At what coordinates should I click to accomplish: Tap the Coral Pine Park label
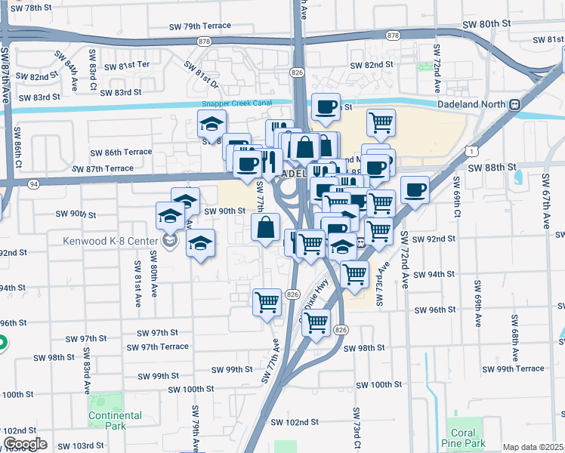pos(464,438)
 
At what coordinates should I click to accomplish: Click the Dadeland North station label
pos(472,104)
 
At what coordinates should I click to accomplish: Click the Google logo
pos(26,444)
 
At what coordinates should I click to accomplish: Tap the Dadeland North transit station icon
pos(514,104)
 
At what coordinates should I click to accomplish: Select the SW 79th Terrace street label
pos(200,26)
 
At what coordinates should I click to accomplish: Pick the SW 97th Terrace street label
pos(158,347)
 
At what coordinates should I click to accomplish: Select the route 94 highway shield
pos(34,183)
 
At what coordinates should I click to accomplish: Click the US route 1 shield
pos(472,152)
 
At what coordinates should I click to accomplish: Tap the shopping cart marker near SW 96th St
pos(267,302)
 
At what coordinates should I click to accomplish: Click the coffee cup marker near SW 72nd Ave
pos(415,189)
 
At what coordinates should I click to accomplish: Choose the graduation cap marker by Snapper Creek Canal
pos(212,123)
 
